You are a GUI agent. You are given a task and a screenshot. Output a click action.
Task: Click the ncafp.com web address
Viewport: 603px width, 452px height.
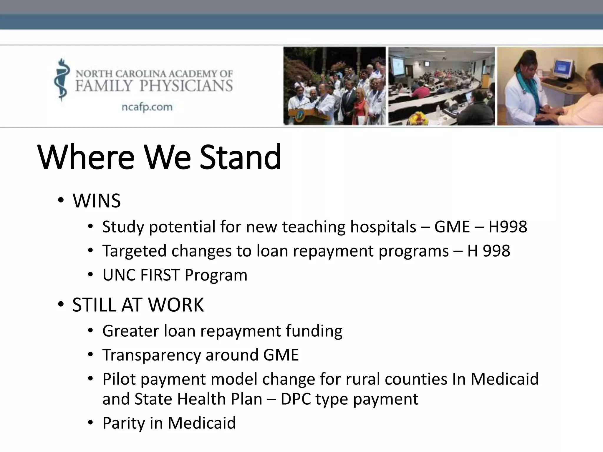(x=147, y=107)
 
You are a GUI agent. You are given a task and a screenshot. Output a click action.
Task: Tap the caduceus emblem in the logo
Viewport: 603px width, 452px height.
(x=62, y=79)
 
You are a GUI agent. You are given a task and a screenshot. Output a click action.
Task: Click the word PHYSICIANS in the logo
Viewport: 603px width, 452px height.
(x=186, y=86)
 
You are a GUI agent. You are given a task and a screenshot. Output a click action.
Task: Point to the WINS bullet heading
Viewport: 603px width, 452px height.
(x=97, y=201)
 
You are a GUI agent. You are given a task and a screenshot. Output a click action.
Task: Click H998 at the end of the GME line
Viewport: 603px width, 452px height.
(x=508, y=227)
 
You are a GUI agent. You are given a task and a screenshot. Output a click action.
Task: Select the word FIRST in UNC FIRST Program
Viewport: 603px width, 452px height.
(x=160, y=275)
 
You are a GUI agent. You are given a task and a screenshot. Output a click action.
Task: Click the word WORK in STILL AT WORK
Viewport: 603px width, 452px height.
(x=176, y=305)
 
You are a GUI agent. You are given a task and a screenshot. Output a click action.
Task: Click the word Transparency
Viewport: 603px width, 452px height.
(x=151, y=355)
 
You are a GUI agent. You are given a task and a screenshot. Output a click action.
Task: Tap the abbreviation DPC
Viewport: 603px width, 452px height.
(x=296, y=399)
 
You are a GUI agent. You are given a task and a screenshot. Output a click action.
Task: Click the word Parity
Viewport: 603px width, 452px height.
(x=123, y=423)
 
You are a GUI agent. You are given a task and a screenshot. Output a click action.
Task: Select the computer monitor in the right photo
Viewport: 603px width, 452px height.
(x=564, y=69)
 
